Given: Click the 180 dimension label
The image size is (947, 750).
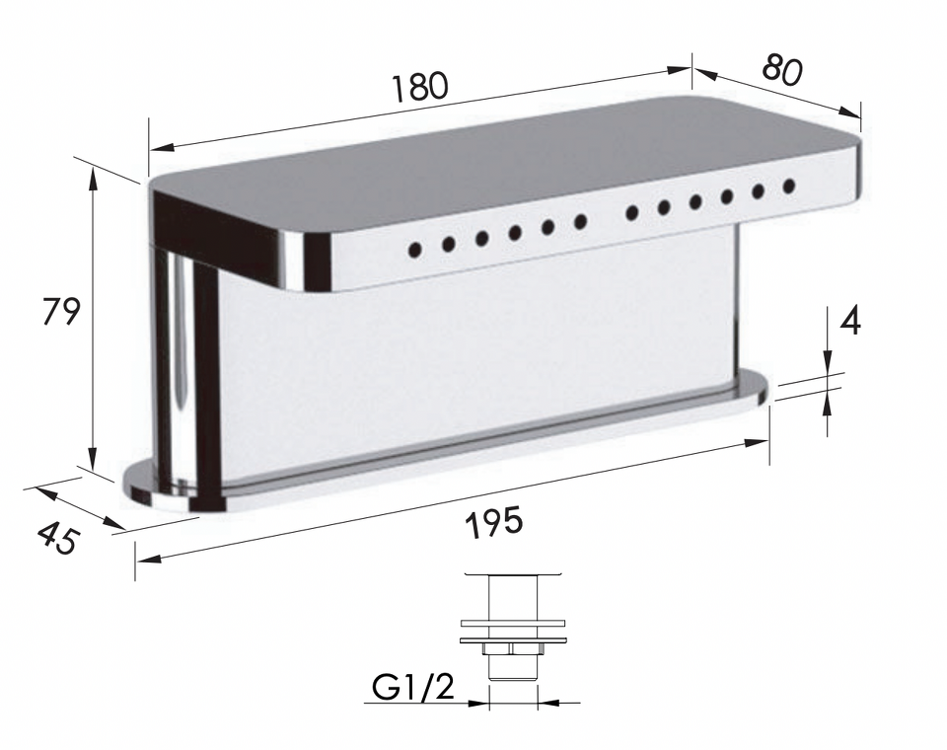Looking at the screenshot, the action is coord(420,87).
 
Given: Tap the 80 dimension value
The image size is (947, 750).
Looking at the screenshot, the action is coord(781,69).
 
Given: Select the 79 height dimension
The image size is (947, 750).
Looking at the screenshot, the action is coord(61,312).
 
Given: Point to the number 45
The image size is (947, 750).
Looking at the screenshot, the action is coord(58,538).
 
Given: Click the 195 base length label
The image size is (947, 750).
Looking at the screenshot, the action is coord(494,523).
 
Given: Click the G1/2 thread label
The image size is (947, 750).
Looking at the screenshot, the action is coord(413,687).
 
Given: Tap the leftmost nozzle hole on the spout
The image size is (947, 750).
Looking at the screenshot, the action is coord(415,249).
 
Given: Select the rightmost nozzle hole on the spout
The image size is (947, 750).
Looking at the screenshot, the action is coord(789,186).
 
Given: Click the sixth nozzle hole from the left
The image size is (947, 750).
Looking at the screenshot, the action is coord(580,222).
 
